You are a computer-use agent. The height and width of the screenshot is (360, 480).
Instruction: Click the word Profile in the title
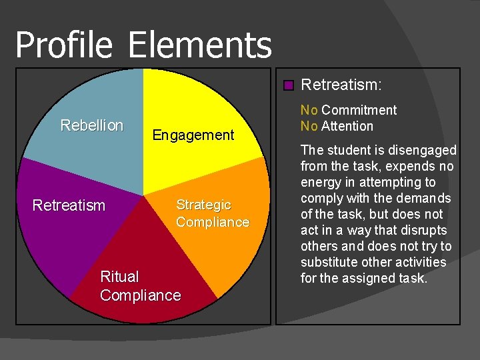(65, 45)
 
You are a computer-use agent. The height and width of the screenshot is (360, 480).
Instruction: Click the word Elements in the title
(199, 45)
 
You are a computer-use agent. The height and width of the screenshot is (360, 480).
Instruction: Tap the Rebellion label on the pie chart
(92, 125)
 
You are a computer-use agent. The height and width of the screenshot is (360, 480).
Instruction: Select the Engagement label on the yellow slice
(193, 135)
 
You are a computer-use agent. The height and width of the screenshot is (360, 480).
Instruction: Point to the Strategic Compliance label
(212, 213)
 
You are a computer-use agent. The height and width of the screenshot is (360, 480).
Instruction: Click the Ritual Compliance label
(140, 286)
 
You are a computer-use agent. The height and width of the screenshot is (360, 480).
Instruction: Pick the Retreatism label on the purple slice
(69, 205)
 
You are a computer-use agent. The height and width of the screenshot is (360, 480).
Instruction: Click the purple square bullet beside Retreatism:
(288, 85)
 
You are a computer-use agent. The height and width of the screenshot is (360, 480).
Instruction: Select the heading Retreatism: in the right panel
(341, 85)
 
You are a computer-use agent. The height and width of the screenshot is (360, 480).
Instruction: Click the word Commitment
(359, 110)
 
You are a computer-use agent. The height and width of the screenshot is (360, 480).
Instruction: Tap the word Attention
(347, 126)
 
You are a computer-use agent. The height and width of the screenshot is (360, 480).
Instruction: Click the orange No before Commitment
(309, 110)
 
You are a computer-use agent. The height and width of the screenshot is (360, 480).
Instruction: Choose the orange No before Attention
(309, 126)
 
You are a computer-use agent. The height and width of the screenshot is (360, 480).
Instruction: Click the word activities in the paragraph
(421, 262)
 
